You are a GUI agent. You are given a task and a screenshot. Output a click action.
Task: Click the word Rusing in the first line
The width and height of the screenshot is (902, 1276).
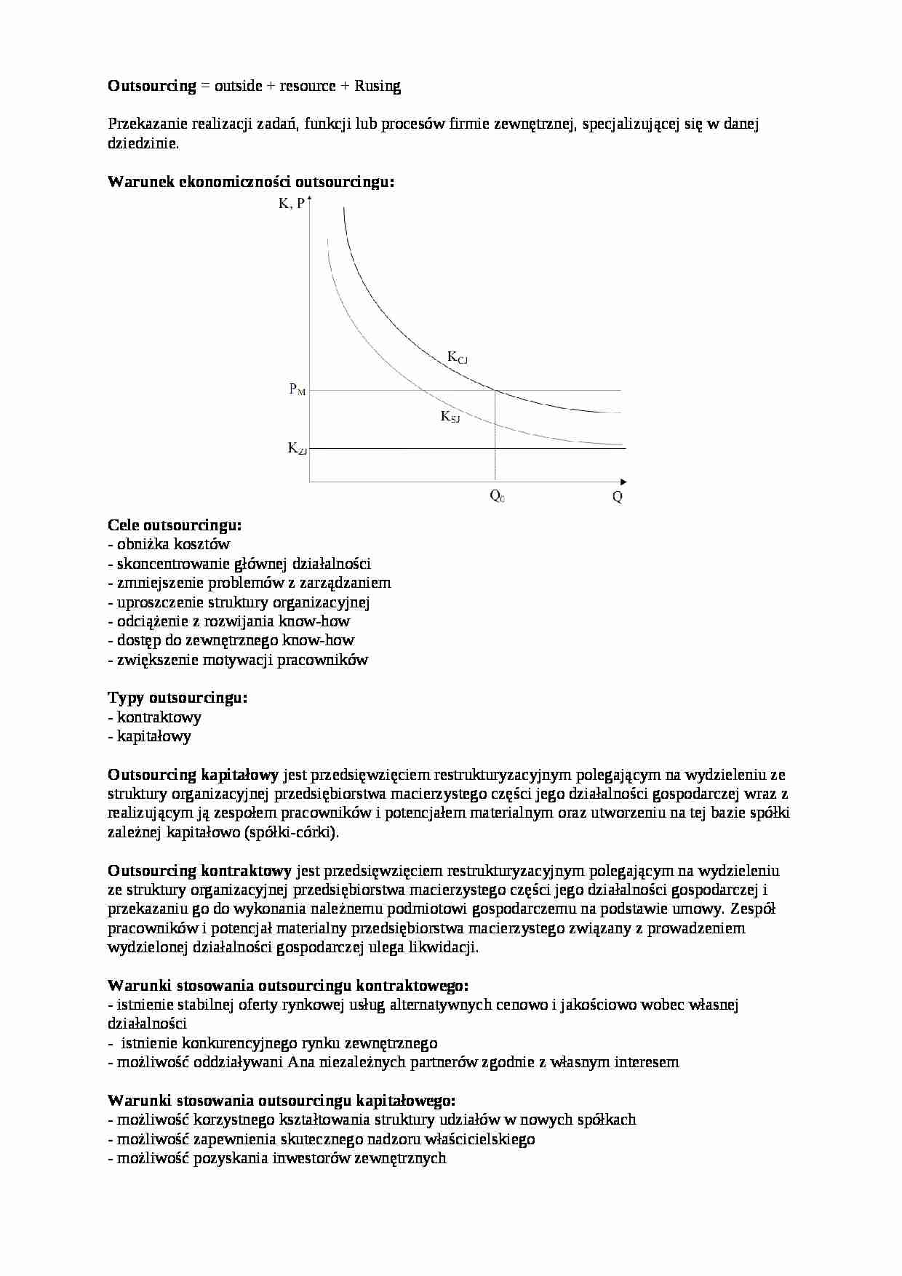pos(378,86)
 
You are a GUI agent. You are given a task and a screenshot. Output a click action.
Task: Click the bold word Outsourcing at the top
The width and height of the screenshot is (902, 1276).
pos(152,86)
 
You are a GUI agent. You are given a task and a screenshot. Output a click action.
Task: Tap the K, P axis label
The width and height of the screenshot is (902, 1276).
pos(291,204)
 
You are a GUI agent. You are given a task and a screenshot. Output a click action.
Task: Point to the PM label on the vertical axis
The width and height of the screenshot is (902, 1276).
pos(298,390)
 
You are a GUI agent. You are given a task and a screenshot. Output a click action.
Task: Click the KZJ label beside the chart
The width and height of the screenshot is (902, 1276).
pos(297,449)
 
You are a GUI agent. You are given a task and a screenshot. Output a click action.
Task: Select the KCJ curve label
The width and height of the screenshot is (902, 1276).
pos(457,357)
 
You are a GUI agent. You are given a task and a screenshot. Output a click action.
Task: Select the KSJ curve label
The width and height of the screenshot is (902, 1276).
pos(450,417)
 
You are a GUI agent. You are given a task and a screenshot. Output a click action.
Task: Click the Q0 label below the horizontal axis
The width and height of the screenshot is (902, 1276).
pos(497,497)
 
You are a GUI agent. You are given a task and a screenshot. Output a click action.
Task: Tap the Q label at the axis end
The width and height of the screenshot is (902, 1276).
pos(617,498)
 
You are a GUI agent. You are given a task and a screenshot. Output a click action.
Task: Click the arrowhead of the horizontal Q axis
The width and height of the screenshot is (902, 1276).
pos(623,482)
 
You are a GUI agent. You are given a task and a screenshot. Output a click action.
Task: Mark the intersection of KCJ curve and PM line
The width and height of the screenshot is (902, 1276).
pos(495,391)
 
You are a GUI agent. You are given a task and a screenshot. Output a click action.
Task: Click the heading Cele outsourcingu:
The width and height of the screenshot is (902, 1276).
pos(175,525)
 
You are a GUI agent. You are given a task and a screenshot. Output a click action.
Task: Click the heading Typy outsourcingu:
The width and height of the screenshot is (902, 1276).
pos(177,698)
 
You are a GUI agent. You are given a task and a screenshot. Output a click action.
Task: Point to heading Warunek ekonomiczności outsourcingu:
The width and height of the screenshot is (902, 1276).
pos(251,182)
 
